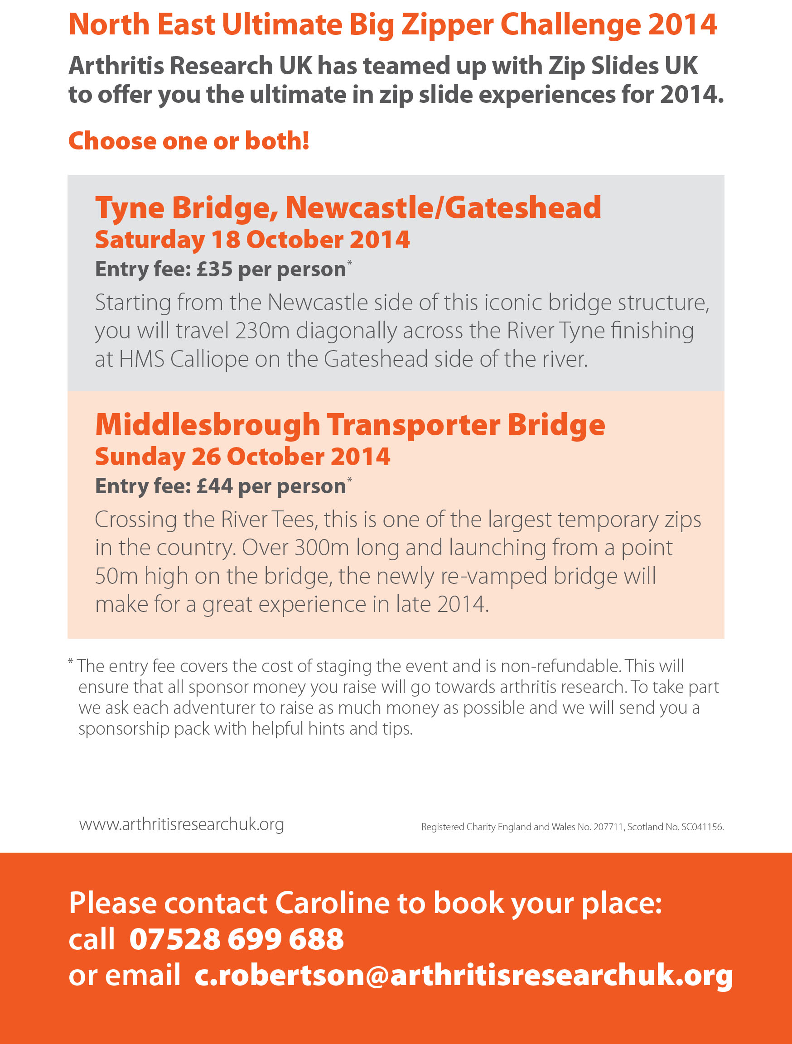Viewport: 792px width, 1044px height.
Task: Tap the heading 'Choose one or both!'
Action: pyautogui.click(x=189, y=141)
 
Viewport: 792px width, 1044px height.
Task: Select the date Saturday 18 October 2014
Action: pyautogui.click(x=252, y=240)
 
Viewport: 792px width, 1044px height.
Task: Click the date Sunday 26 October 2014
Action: pyautogui.click(x=243, y=457)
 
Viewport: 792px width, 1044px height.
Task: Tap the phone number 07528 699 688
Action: pyautogui.click(x=237, y=939)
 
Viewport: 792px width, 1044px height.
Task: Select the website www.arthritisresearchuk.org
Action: pyautogui.click(x=181, y=824)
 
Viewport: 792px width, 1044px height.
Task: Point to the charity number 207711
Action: pyautogui.click(x=608, y=827)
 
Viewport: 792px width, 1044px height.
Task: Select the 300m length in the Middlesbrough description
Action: pyautogui.click(x=322, y=548)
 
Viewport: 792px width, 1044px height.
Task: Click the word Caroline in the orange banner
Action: pyautogui.click(x=332, y=903)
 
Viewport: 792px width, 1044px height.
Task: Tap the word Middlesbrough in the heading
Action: pyautogui.click(x=208, y=425)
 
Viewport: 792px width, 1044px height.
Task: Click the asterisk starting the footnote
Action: pyautogui.click(x=70, y=662)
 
